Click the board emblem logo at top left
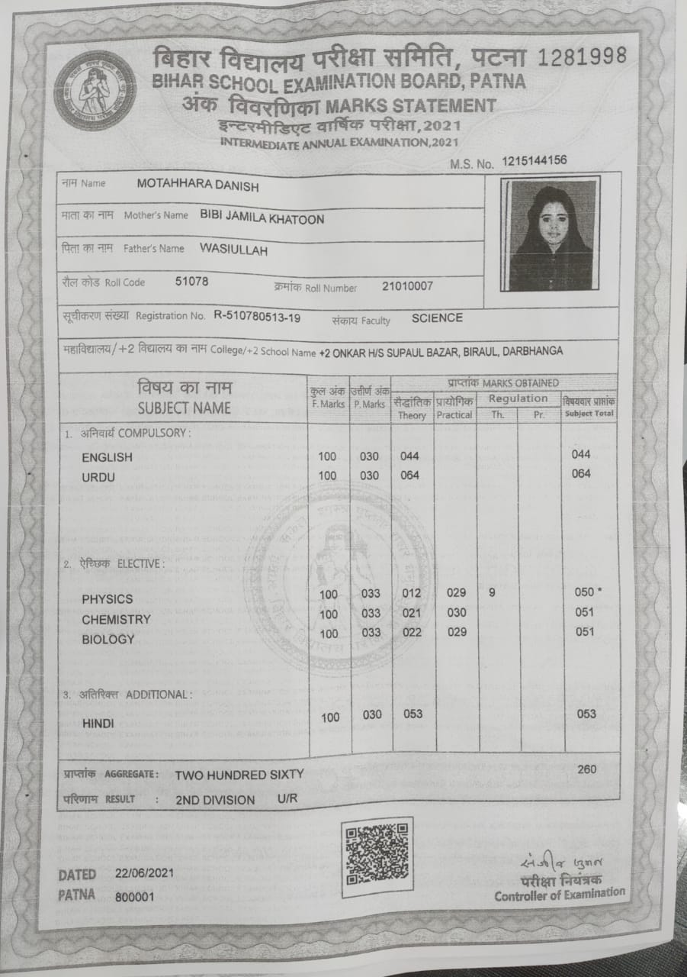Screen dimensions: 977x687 click(x=95, y=90)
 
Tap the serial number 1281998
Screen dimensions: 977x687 click(x=583, y=56)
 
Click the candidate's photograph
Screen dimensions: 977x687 click(x=551, y=234)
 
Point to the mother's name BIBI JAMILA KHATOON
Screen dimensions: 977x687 click(x=262, y=218)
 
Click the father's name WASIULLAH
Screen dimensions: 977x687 click(x=233, y=250)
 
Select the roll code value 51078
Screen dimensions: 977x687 click(x=191, y=281)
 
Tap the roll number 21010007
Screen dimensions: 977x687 click(x=407, y=286)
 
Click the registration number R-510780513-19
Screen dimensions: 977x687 click(x=257, y=315)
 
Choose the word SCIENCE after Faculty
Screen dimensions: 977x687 click(x=437, y=318)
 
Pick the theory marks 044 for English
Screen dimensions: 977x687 click(x=410, y=456)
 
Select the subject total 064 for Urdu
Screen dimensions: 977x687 click(x=581, y=473)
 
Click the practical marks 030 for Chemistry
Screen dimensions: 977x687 click(x=457, y=612)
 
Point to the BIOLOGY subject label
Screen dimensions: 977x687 click(x=108, y=640)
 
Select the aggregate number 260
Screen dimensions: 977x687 click(x=587, y=769)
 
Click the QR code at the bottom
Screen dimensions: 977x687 click(x=377, y=856)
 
